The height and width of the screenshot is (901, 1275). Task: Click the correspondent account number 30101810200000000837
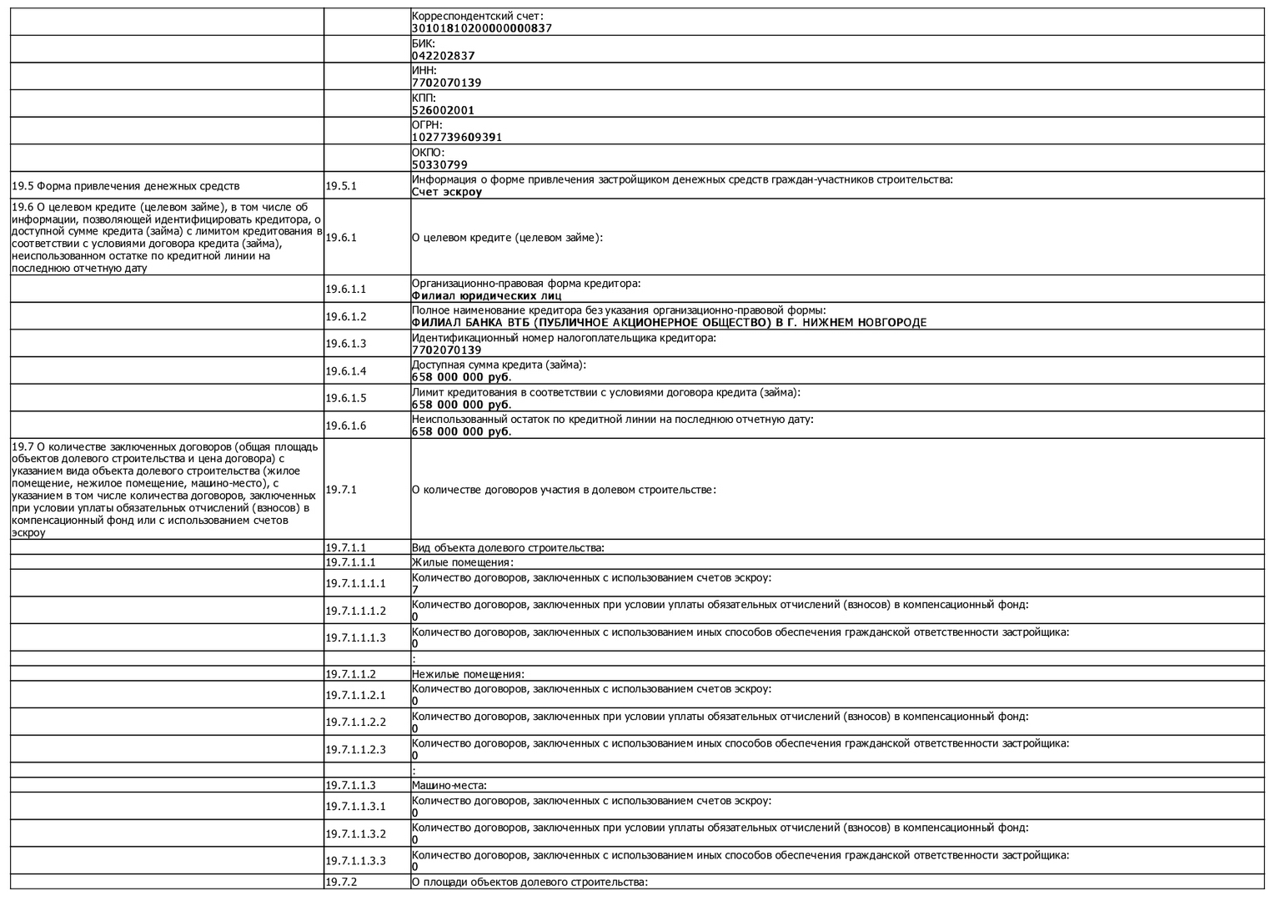point(481,28)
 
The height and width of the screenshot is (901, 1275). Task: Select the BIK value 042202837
point(443,56)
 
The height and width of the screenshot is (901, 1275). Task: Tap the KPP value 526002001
point(443,110)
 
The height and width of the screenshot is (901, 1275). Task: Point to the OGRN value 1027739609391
point(456,137)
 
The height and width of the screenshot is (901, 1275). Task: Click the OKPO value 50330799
point(439,165)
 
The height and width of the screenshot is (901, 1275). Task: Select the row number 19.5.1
point(341,186)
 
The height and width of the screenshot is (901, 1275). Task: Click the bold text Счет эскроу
point(446,192)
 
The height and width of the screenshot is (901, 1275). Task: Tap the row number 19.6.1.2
point(345,317)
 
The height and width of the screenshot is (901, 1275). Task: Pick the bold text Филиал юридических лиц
point(485,295)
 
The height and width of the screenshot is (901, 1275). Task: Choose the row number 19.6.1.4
point(345,371)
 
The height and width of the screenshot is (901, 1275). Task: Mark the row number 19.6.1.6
point(345,426)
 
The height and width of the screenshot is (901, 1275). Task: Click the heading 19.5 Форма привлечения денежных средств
point(125,186)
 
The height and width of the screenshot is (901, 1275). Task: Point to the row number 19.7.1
point(341,490)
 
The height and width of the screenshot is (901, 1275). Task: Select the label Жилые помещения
point(462,562)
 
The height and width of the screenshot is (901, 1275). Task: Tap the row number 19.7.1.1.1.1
point(355,584)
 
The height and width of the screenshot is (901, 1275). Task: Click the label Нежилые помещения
point(468,674)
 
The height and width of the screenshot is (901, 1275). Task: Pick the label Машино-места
point(449,785)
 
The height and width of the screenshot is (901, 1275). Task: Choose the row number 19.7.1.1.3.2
point(355,833)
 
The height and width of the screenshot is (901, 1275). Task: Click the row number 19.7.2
point(341,882)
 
